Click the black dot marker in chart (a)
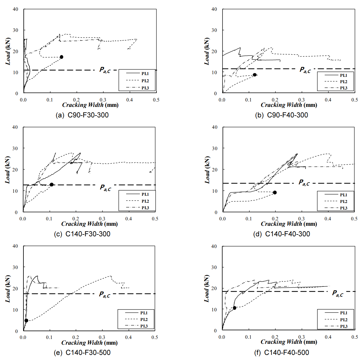(62, 57)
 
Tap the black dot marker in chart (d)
(275, 192)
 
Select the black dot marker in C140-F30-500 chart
(26, 320)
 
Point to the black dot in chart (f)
(235, 308)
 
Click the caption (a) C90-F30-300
(82, 115)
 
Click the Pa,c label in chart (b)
(305, 70)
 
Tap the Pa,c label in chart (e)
(105, 295)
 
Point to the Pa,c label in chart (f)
(338, 293)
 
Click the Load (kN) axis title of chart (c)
(8, 170)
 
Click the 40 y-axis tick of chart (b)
(214, 9)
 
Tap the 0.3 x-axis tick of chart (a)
(103, 100)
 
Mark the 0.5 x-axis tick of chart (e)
(155, 337)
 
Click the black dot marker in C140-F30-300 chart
(52, 184)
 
